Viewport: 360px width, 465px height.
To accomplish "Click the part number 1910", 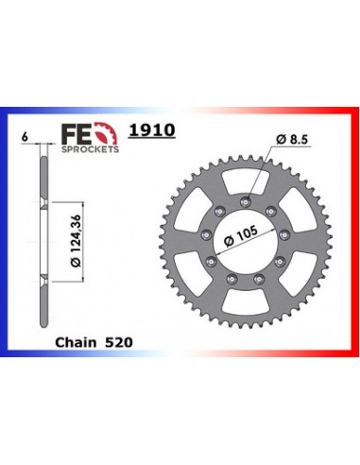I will (157, 131).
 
